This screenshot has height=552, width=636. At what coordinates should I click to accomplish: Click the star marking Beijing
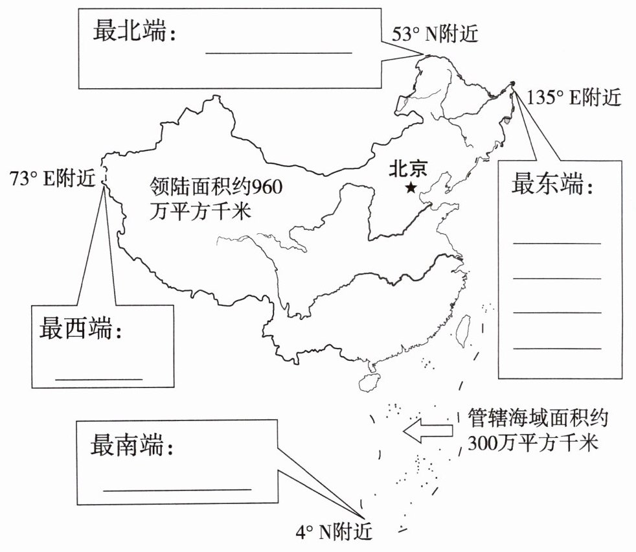tap(411, 188)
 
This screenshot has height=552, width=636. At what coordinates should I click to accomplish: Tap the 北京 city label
tap(408, 170)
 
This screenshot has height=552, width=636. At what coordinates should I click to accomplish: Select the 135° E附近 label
tap(574, 98)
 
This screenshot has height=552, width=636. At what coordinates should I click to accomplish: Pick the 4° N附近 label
tap(334, 533)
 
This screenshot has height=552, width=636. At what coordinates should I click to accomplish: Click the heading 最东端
tap(552, 185)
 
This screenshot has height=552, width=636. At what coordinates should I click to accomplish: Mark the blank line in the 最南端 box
tap(176, 490)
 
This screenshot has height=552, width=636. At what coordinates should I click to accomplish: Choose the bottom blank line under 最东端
tap(557, 349)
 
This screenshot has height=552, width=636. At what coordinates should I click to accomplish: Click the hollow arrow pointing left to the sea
tap(427, 431)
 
